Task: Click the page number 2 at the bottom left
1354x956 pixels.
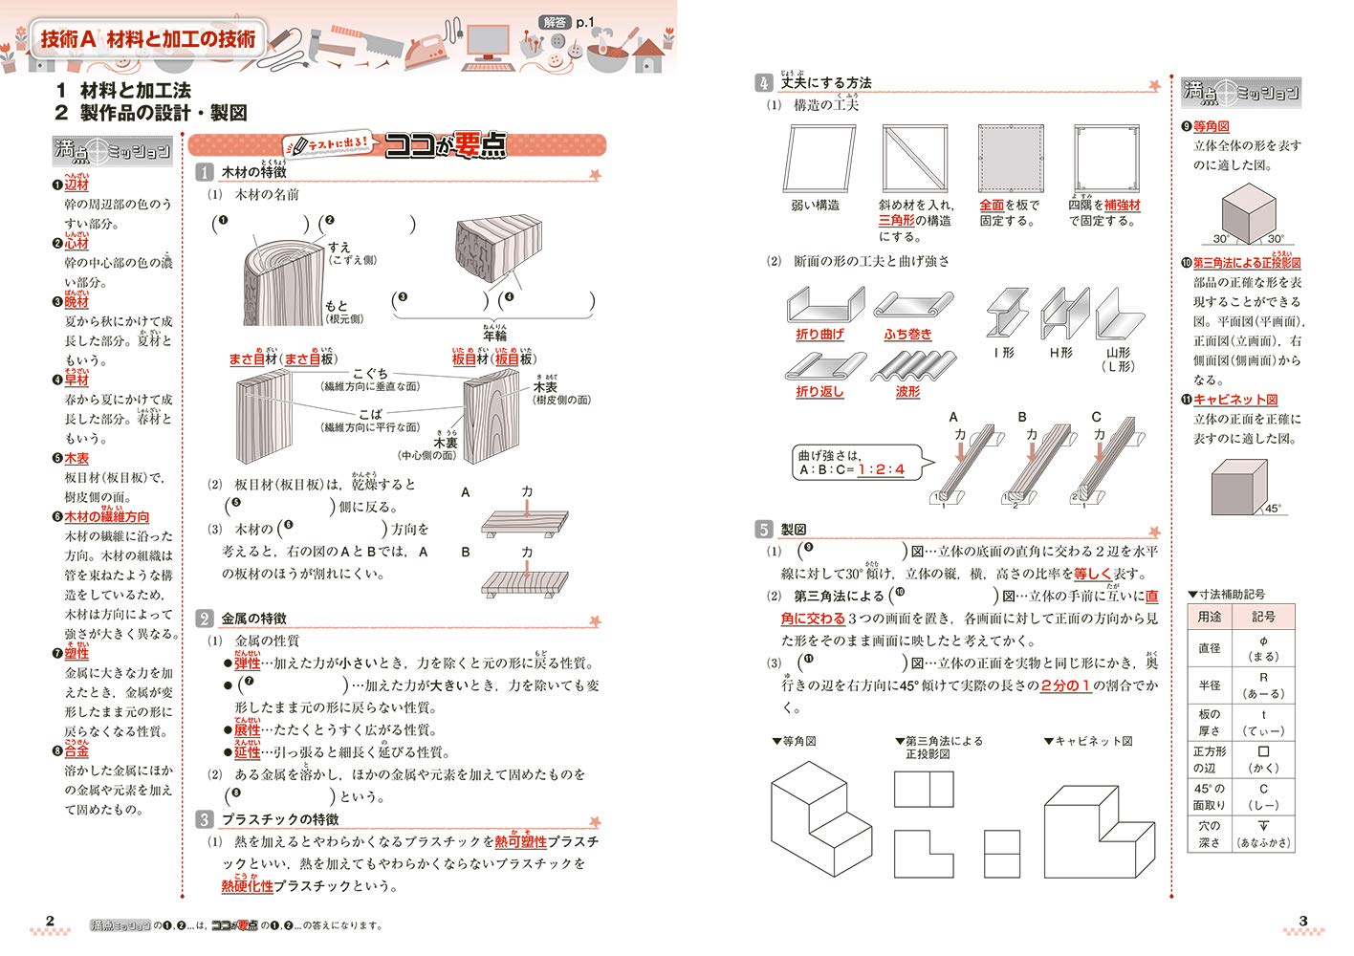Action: click(x=51, y=922)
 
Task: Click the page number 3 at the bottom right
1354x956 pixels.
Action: click(x=1302, y=922)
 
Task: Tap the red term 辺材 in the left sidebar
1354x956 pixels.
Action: click(x=76, y=185)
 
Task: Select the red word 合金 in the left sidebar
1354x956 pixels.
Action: click(x=76, y=751)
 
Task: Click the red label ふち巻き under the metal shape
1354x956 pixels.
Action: click(x=907, y=335)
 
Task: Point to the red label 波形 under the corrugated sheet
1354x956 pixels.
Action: click(x=907, y=392)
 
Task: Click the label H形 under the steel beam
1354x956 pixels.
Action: click(x=1060, y=353)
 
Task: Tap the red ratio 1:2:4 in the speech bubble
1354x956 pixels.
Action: click(x=881, y=469)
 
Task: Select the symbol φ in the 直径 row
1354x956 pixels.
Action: click(x=1263, y=641)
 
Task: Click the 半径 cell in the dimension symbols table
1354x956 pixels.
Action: click(x=1210, y=685)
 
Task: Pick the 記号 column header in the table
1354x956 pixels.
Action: click(x=1263, y=617)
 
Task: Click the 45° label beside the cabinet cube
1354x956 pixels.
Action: click(x=1273, y=509)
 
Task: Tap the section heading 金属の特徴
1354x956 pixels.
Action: click(x=253, y=619)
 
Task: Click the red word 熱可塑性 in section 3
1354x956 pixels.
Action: click(x=520, y=841)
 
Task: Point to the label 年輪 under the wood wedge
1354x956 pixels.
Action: click(x=494, y=336)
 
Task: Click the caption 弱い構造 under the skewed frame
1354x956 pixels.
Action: click(x=816, y=205)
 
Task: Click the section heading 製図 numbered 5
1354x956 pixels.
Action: click(x=794, y=529)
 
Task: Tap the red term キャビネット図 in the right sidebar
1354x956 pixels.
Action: click(x=1234, y=400)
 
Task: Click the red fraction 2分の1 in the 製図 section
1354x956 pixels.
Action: click(x=1065, y=685)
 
